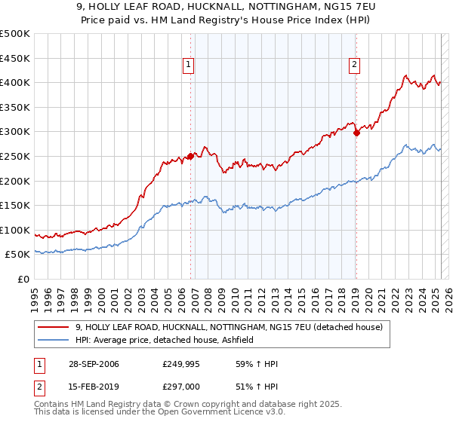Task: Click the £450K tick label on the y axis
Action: coord(16,58)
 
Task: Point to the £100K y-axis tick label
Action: coord(16,230)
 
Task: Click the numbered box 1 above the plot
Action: coord(188,66)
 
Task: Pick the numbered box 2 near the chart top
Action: coord(354,66)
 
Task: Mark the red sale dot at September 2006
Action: coord(191,156)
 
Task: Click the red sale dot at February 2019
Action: coord(356,133)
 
